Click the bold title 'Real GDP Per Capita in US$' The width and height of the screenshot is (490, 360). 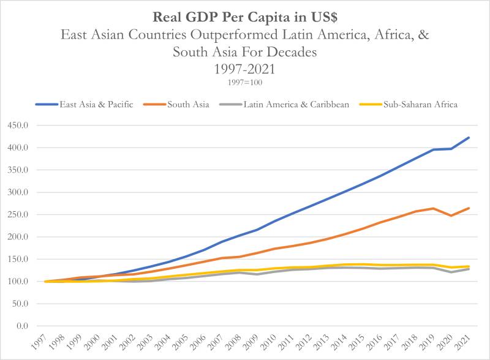[245, 17]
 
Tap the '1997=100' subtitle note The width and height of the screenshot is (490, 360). [245, 83]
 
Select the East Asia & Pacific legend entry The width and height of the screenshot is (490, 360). [85, 104]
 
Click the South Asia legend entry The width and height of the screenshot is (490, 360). [176, 104]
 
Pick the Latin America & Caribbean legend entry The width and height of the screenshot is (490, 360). [284, 104]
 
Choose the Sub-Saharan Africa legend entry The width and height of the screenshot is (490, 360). [409, 104]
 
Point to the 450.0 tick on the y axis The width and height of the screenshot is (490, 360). [18, 126]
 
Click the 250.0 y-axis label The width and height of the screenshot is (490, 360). [18, 214]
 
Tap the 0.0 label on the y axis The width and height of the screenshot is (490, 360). [22, 326]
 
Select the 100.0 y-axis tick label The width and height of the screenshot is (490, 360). [18, 281]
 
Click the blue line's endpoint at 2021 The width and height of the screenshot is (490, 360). [469, 138]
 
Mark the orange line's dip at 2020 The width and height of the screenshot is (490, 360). [451, 216]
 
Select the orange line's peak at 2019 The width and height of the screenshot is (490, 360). [433, 208]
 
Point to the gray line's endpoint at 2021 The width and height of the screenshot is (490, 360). [469, 269]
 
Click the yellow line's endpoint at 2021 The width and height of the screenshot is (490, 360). [469, 266]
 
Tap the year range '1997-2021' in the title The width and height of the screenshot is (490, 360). [244, 69]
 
